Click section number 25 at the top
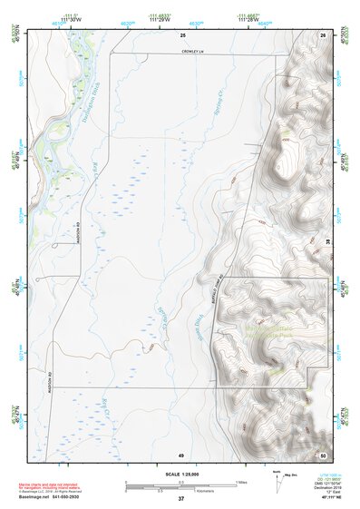click(181, 34)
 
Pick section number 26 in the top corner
click(322, 34)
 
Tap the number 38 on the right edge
click(327, 239)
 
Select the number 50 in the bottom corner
click(322, 454)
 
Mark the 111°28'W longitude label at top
click(247, 18)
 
